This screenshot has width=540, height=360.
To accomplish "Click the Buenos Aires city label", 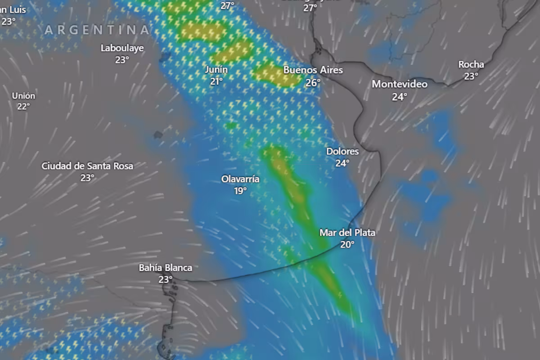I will [x=313, y=70].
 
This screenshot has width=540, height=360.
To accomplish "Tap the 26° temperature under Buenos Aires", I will [x=313, y=83].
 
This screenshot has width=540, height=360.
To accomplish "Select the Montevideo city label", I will [x=400, y=84].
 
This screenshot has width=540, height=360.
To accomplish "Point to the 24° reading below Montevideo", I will [x=400, y=97].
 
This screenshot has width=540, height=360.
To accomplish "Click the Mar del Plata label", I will [x=347, y=233].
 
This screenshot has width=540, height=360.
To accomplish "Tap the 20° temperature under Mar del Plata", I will [x=347, y=245].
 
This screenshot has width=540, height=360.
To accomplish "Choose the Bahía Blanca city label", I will [x=165, y=268].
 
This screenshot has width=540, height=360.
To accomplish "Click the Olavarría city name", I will [x=240, y=179].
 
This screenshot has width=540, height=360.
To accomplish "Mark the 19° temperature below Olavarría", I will [x=240, y=191].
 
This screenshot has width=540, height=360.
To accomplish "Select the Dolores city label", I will [x=342, y=152].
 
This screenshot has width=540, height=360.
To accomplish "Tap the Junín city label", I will [x=216, y=70].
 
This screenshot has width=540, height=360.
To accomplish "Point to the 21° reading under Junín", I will [x=216, y=81].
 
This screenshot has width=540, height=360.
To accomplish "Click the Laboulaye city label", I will [x=122, y=48].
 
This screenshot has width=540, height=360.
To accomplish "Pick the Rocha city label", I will [x=471, y=64].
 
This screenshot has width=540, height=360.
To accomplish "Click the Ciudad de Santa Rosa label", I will [x=87, y=166].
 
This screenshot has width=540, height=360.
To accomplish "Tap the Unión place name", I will [x=23, y=95].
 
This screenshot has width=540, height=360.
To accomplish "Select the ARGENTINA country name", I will [x=97, y=30].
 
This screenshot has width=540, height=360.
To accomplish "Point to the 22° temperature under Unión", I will [x=23, y=107].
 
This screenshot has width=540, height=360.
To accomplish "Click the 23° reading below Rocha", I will [x=471, y=76].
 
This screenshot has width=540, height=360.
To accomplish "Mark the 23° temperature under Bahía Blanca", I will [x=165, y=279].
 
